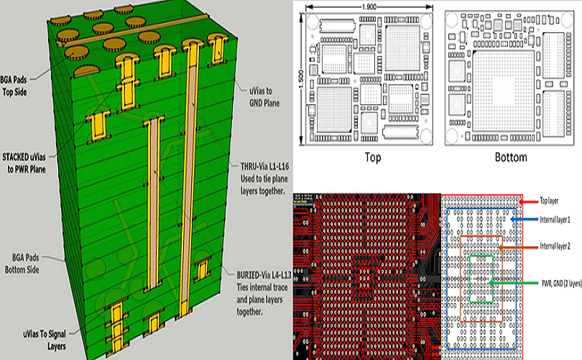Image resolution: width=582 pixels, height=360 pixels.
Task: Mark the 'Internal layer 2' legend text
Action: tap(555, 246)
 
